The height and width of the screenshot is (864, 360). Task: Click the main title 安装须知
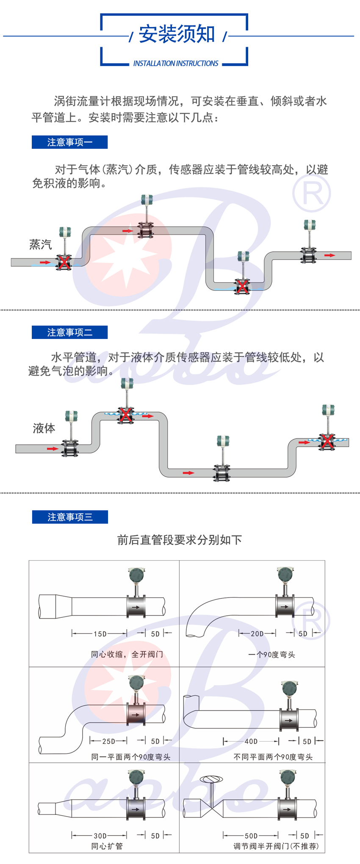[x=177, y=34]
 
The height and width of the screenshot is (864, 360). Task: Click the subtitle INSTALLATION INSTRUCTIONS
[x=176, y=64]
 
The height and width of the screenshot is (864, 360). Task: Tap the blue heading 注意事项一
[x=69, y=142]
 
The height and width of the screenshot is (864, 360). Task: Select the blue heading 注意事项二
[x=69, y=333]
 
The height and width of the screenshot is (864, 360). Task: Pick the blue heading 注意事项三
[x=70, y=517]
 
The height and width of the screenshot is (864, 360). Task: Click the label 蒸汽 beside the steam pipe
[x=40, y=244]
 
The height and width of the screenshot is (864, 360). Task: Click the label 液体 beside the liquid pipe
[x=44, y=428]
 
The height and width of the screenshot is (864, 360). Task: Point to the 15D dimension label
[x=100, y=634]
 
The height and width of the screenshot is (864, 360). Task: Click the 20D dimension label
[x=257, y=634]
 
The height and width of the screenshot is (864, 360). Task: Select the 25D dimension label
[x=108, y=741]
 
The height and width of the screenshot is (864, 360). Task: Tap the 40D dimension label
[x=251, y=741]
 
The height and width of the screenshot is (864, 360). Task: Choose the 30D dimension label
[x=100, y=836]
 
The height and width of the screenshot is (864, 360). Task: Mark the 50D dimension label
[x=251, y=836]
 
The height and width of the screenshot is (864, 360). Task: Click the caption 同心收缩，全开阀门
[x=127, y=655]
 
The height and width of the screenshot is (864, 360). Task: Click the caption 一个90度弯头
[x=271, y=655]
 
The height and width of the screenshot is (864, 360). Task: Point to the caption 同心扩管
[x=107, y=846]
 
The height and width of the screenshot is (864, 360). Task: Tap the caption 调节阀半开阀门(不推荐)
[x=276, y=846]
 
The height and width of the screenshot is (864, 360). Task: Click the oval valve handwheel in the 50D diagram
[x=210, y=779]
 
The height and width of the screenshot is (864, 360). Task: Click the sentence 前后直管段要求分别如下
[x=180, y=540]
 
